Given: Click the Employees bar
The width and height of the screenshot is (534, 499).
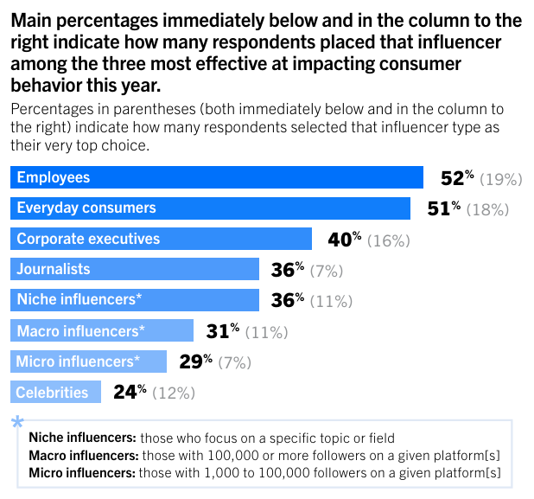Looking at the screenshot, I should tap(216, 177).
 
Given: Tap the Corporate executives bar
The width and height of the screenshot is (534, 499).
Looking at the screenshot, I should tap(161, 239).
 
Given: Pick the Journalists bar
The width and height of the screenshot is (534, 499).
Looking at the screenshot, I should tap(135, 269).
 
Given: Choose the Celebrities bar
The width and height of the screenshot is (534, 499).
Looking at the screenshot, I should tap(56, 392).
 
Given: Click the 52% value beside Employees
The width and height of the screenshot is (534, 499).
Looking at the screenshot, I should tap(457, 178).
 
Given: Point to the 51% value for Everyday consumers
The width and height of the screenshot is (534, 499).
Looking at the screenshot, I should tap(443, 209).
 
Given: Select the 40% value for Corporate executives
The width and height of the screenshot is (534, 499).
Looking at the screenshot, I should tap(345, 240).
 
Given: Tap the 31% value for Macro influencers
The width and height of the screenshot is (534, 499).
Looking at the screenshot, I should tap(222, 330).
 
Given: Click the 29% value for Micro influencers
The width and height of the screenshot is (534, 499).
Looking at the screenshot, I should tap(195, 361).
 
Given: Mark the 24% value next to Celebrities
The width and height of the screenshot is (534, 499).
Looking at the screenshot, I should tap(130, 392).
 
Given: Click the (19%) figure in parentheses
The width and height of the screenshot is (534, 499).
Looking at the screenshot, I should tap(502, 180).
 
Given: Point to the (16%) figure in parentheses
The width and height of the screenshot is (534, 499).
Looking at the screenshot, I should tap(389, 240).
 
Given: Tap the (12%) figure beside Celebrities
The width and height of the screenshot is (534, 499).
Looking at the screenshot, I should tap(174, 393).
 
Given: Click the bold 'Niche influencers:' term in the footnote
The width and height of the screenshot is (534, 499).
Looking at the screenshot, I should tap(82, 438).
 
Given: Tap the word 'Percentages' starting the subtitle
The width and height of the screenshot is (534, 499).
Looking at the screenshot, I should tap(52, 110).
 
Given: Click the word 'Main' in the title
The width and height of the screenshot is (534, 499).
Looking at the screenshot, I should tap(32, 20).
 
